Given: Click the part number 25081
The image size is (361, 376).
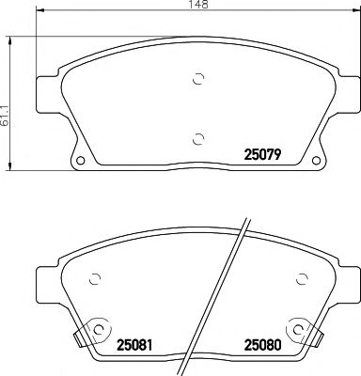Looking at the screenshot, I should click(135, 343).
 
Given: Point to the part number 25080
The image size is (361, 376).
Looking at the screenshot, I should click(265, 343).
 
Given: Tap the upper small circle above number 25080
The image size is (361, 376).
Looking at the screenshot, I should click(300, 279).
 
